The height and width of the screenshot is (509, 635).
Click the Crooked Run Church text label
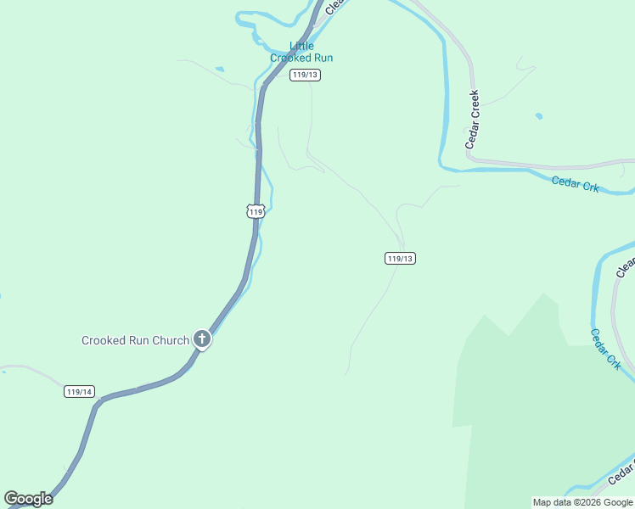(x=135, y=340)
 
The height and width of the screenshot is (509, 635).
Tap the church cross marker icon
(x=202, y=339)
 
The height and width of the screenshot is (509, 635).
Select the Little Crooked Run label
(x=301, y=52)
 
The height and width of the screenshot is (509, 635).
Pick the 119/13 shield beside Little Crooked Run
(x=304, y=75)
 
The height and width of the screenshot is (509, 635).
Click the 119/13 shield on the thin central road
(x=400, y=258)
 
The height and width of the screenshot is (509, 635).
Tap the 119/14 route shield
(x=79, y=391)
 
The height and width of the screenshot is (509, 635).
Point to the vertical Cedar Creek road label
(x=473, y=120)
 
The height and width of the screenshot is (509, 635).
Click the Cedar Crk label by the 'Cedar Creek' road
(x=575, y=183)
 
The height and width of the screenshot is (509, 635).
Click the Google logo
(x=28, y=498)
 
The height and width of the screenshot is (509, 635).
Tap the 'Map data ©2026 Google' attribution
(x=582, y=502)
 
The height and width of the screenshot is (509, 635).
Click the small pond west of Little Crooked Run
(x=220, y=69)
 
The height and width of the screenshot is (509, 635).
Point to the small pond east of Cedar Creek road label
(x=538, y=116)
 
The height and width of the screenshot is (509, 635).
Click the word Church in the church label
(x=171, y=340)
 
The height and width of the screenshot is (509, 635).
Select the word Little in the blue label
(x=301, y=46)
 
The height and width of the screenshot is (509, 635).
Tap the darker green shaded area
(x=543, y=407)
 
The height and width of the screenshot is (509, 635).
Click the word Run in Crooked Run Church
(x=138, y=340)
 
